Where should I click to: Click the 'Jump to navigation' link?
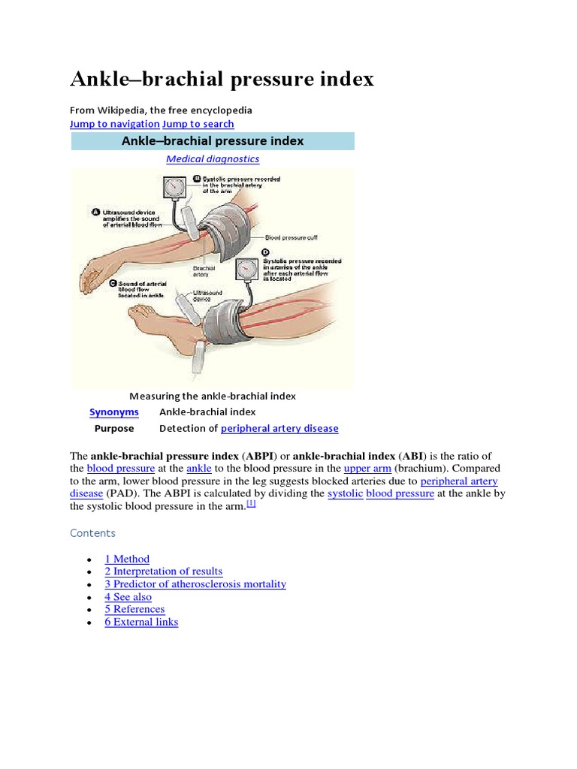114,124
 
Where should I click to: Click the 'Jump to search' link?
198,124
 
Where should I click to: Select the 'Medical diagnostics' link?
213,159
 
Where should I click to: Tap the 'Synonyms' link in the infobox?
114,412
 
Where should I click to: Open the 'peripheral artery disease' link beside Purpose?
279,429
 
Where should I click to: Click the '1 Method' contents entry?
127,559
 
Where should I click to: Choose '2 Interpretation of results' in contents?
164,571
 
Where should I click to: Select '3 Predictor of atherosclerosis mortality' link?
195,584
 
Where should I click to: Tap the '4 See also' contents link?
128,597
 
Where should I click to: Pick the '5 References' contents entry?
134,609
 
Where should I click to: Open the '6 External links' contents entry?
141,622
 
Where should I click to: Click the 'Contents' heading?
92,533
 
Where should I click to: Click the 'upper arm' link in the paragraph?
367,469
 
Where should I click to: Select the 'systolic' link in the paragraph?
346,494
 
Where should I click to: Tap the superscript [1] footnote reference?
252,504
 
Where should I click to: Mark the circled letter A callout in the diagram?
95,213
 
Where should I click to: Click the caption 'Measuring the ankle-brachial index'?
213,396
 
